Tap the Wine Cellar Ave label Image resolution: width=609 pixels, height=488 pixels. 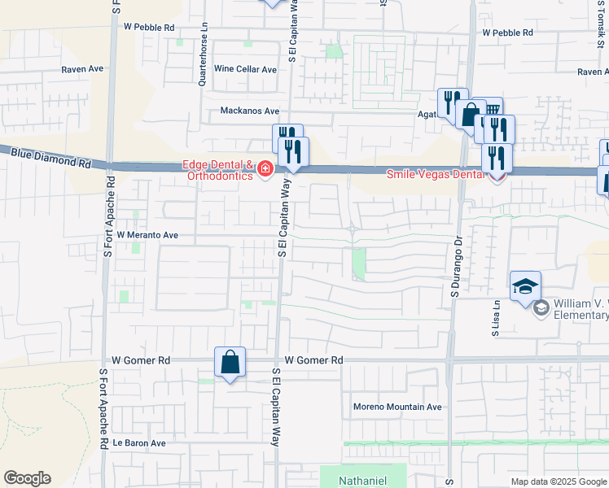pyautogui.click(x=245, y=69)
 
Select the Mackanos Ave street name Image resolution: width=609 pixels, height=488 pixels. pyautogui.click(x=250, y=111)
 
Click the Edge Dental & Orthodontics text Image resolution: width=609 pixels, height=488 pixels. pyautogui.click(x=217, y=170)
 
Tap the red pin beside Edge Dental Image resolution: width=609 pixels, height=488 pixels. pyautogui.click(x=265, y=169)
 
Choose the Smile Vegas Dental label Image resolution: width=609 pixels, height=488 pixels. pyautogui.click(x=433, y=173)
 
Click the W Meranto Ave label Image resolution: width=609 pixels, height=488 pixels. pyautogui.click(x=147, y=234)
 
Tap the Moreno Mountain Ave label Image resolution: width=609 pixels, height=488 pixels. pyautogui.click(x=397, y=407)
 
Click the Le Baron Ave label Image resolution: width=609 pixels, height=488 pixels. pyautogui.click(x=139, y=443)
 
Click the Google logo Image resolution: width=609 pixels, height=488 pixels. pyautogui.click(x=27, y=478)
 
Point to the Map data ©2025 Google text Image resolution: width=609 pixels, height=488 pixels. pyautogui.click(x=558, y=481)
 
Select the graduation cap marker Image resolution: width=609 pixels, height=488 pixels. pyautogui.click(x=525, y=286)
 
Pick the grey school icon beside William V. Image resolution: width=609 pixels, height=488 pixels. pyautogui.click(x=541, y=308)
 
